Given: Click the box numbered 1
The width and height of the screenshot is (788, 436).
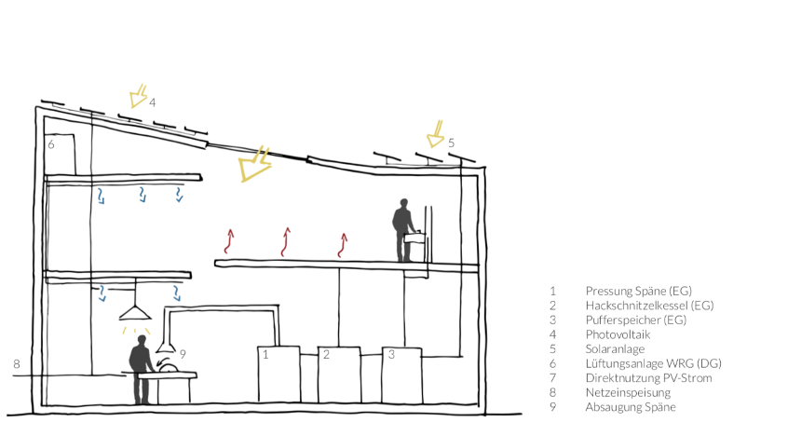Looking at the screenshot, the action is point(279,375).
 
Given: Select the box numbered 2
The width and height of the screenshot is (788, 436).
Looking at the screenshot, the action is point(339,375).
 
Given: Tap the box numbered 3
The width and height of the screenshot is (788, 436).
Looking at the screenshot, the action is point(402,375).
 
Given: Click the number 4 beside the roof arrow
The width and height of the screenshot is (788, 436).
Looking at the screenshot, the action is point(152,102).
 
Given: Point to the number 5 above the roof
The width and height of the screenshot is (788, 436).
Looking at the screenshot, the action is point(452,143).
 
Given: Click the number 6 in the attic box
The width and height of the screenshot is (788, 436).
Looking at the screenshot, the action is point(50,144).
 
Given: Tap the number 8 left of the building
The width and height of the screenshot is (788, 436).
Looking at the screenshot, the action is point(17,364).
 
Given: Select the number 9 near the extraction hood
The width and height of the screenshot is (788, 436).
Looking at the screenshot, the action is point(183,355).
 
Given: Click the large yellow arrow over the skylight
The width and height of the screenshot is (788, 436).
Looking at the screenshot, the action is point(255,164).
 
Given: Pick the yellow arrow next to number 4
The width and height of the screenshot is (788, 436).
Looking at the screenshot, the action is point(138,96).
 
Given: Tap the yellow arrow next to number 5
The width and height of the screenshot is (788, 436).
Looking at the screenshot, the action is point(435,134).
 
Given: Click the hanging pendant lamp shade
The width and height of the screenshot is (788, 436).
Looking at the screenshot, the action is point(135,313).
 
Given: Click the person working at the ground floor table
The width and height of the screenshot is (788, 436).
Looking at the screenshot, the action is point(141,369).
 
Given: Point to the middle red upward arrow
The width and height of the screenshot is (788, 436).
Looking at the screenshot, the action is point(286,242).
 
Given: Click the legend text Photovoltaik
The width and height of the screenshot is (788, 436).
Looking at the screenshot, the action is point(618,334).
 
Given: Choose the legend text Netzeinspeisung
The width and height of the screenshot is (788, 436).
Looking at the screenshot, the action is point(628,392).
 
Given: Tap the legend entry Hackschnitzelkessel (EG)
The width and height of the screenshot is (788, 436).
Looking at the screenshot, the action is point(649,306).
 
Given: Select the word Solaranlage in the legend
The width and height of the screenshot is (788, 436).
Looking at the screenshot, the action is point(615,349).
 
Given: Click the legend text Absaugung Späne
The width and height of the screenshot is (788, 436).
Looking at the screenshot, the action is point(631,407).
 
